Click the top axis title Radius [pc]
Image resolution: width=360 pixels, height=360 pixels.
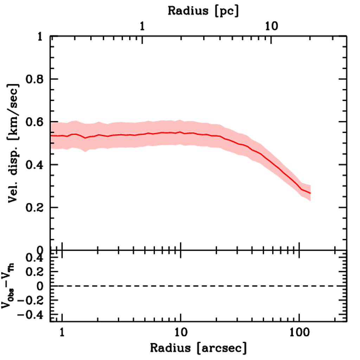[203, 11]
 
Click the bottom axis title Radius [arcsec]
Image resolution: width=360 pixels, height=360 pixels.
[198, 348]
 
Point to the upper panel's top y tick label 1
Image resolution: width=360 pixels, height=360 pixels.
[41, 37]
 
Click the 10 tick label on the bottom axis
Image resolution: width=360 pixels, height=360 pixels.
[180, 332]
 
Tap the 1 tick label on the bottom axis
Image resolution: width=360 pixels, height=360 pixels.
[62, 332]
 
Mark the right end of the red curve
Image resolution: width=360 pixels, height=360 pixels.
[310, 193]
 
